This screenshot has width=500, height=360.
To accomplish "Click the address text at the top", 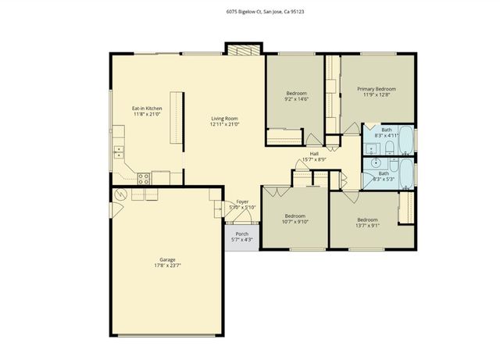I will [x=249, y=11].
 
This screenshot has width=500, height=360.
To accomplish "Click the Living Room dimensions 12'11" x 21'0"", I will [x=224, y=124].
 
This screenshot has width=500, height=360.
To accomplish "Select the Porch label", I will [x=242, y=233].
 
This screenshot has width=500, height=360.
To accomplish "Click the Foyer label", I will [x=242, y=201].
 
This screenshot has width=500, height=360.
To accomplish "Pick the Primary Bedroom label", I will [x=377, y=89].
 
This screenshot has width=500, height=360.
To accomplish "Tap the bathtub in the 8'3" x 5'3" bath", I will [x=403, y=171].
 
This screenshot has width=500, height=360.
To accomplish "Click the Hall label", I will [x=313, y=154].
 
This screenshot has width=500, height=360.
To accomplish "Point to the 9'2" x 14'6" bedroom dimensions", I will [x=296, y=100].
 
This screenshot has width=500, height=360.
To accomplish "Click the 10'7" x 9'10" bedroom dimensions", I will [x=295, y=221].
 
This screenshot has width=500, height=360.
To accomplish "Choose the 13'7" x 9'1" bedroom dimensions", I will [x=367, y=225].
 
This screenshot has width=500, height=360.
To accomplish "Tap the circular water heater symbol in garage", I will [x=120, y=194].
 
